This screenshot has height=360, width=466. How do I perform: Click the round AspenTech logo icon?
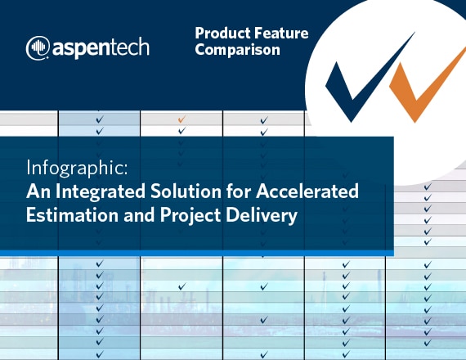click(38, 48)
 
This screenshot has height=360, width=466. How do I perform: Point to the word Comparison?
click(237, 50)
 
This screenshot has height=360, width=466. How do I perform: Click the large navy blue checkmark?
click(370, 78)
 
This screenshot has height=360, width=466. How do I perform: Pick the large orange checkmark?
click(428, 85)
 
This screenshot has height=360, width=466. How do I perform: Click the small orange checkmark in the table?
click(181, 119)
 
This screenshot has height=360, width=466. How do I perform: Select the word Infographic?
click(77, 169)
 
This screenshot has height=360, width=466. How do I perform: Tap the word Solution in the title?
click(186, 191)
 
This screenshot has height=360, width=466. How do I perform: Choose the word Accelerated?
click(307, 191)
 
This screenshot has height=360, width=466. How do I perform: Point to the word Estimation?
click(72, 214)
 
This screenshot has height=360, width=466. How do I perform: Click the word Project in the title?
click(190, 215)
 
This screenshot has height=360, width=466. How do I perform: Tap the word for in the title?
click(239, 191)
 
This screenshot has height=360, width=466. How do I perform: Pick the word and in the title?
click(139, 215)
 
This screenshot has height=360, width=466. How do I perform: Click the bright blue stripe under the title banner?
click(197, 253)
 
